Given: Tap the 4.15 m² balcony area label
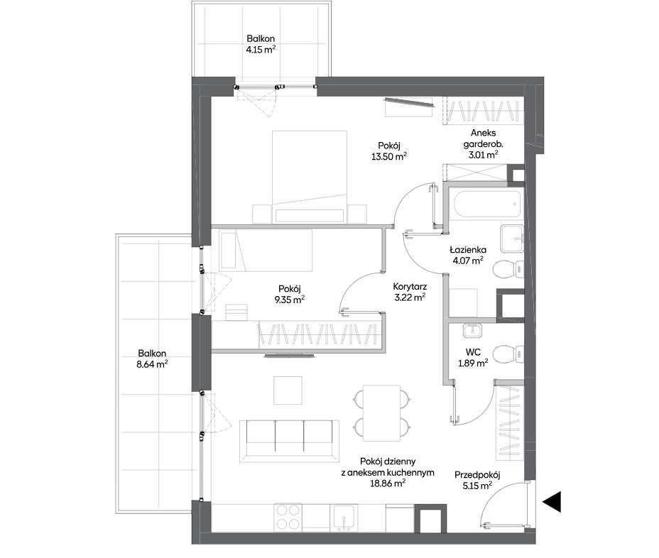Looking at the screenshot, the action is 261,50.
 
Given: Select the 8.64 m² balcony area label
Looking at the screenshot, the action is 152,364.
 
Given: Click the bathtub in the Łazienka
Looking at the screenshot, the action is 486,204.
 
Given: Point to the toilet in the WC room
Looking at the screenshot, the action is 508,354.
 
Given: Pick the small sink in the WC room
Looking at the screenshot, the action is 472,331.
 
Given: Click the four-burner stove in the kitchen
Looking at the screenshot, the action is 288,518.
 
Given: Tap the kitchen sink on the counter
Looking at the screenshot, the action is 344,518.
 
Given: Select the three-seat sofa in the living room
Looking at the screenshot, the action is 289,441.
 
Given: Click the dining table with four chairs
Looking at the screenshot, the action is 381,413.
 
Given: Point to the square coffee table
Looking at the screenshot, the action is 288,390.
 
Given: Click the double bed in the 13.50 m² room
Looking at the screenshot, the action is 310,177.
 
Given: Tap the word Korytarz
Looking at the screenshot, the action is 410,287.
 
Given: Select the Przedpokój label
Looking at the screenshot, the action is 477,475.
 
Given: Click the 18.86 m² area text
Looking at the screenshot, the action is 388,483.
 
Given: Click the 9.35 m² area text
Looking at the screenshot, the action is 289,300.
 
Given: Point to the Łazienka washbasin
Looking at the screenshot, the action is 511,239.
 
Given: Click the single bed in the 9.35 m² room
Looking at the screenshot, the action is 266,250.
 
